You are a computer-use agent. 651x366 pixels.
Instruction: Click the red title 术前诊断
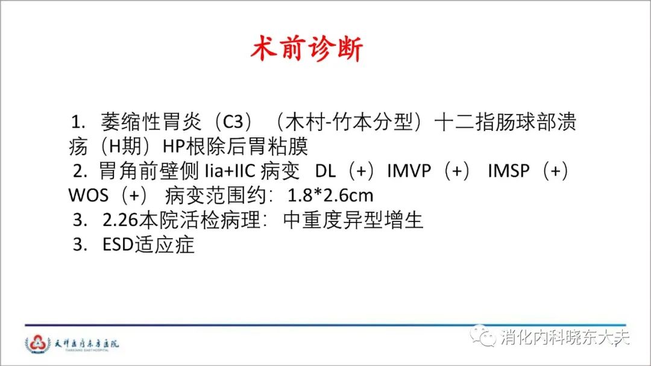[307, 49]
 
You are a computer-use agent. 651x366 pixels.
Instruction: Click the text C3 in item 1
[233, 122]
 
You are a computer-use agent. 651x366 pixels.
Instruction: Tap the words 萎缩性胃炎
[151, 122]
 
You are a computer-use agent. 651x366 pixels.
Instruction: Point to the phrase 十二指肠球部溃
[505, 122]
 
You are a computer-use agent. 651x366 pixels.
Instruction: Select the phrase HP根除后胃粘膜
[235, 147]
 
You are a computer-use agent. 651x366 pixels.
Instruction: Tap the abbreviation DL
[325, 171]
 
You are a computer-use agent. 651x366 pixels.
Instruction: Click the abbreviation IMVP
[409, 171]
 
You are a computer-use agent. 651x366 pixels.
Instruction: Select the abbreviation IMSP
[509, 171]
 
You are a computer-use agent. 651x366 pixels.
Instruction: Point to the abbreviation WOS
[89, 195]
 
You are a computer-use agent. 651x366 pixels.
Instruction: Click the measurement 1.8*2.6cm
[330, 195]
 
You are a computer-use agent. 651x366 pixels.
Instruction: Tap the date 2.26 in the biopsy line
[121, 219]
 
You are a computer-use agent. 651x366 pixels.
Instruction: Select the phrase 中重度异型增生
[353, 219]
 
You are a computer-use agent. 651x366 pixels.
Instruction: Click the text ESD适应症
[148, 244]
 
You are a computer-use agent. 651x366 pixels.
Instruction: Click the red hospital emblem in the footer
[38, 344]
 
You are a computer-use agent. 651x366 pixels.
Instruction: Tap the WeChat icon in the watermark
[483, 336]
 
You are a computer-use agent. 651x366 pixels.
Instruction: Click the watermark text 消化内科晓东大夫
[565, 337]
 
